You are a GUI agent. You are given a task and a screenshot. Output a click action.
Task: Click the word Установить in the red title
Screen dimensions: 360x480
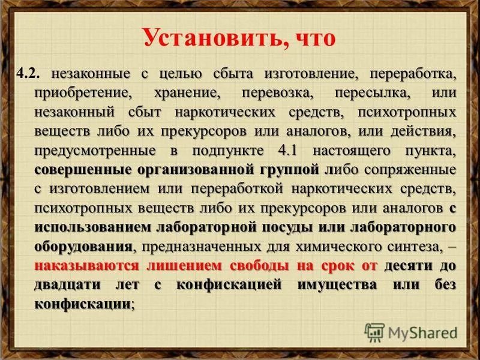pos(207,39)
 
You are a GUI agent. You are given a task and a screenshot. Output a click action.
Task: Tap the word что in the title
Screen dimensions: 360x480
pos(308,39)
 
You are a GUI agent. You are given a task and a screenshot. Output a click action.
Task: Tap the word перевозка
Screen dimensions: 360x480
pos(278,94)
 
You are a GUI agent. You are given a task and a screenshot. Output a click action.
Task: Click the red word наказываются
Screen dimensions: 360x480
pos(87,265)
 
